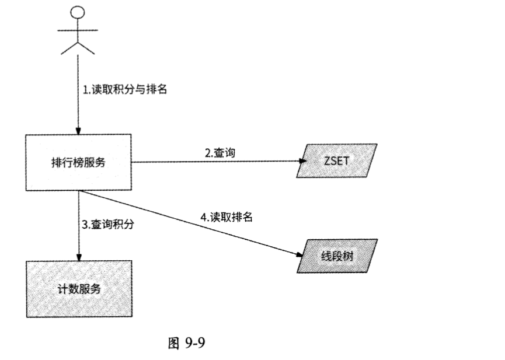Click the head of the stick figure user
78,12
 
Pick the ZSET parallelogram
335,162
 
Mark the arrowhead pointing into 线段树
299,253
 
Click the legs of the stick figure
78,46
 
